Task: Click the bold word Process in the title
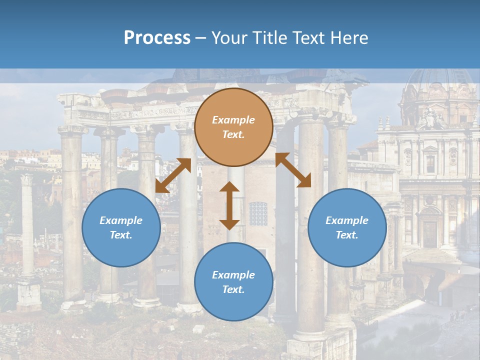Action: [x=157, y=38]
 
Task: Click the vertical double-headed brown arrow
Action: [x=229, y=205]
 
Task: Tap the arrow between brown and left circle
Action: [x=173, y=175]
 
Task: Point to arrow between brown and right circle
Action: [x=293, y=170]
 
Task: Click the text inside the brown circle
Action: [x=233, y=127]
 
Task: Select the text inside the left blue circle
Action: [x=121, y=227]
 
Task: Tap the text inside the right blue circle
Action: [x=347, y=227]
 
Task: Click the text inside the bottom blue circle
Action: [x=233, y=282]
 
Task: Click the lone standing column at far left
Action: [x=27, y=225]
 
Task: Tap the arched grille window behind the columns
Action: [x=258, y=213]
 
